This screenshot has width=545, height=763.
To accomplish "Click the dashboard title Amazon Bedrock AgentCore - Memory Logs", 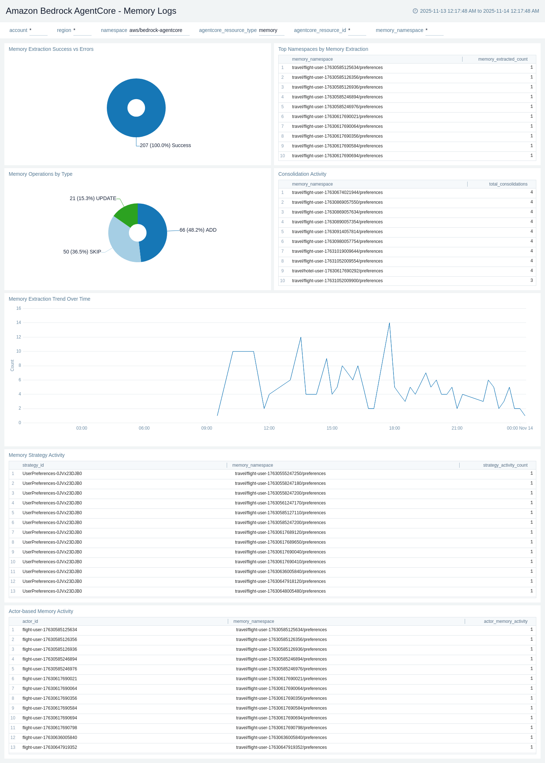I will tap(91, 11).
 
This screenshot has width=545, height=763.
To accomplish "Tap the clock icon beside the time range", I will tap(415, 11).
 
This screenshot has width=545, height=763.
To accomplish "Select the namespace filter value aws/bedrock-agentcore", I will tap(156, 30).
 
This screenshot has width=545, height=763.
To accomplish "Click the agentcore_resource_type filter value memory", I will tap(268, 30).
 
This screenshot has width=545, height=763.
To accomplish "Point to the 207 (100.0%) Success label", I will tap(165, 145).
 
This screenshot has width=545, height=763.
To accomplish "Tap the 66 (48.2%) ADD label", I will tap(198, 230).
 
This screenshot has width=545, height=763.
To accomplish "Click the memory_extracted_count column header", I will tap(502, 59).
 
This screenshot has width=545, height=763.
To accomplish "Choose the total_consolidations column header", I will tap(508, 184).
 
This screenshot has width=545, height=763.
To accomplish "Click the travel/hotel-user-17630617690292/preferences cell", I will tap(337, 271).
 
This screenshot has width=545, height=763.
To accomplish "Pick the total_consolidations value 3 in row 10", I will tap(532, 280).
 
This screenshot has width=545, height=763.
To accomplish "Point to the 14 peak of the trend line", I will tap(389, 323).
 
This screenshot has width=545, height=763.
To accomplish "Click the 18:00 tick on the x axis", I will tap(395, 428).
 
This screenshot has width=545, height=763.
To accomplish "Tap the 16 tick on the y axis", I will tap(19, 308).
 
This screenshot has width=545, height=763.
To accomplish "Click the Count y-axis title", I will tap(12, 365).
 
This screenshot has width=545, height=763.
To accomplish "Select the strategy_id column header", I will tap(33, 465).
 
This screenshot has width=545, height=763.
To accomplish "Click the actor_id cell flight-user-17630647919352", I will tap(50, 747).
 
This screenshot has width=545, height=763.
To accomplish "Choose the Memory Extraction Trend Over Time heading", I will tap(49, 299).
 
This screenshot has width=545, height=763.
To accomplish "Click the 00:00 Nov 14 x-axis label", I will tap(520, 428).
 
